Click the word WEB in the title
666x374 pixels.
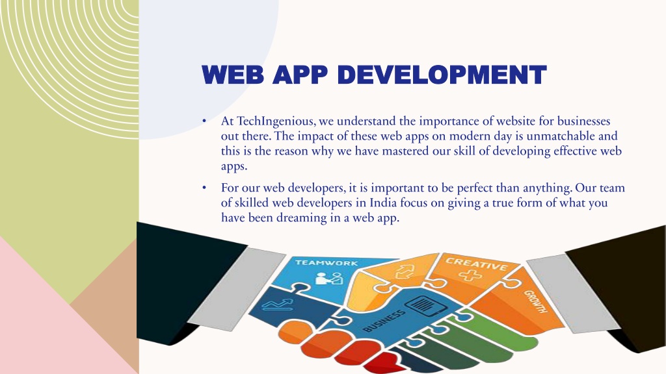pyautogui.click(x=233, y=75)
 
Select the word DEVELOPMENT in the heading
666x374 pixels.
pyautogui.click(x=442, y=75)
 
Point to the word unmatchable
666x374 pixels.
pyautogui.click(x=555, y=136)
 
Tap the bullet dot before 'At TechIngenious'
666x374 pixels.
pyautogui.click(x=204, y=121)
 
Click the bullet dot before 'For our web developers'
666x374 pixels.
pyautogui.click(x=204, y=188)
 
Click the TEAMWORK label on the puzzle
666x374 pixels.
pyautogui.click(x=326, y=263)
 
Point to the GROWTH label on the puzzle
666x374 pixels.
pyautogui.click(x=535, y=301)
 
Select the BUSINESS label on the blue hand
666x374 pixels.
pyautogui.click(x=384, y=321)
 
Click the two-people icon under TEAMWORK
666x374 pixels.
pyautogui.click(x=328, y=279)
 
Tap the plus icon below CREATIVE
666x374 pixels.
pyautogui.click(x=470, y=276)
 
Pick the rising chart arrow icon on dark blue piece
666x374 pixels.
pyautogui.click(x=277, y=305)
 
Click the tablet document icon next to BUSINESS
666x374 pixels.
pyautogui.click(x=425, y=305)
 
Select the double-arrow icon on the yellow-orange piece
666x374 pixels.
pyautogui.click(x=405, y=272)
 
